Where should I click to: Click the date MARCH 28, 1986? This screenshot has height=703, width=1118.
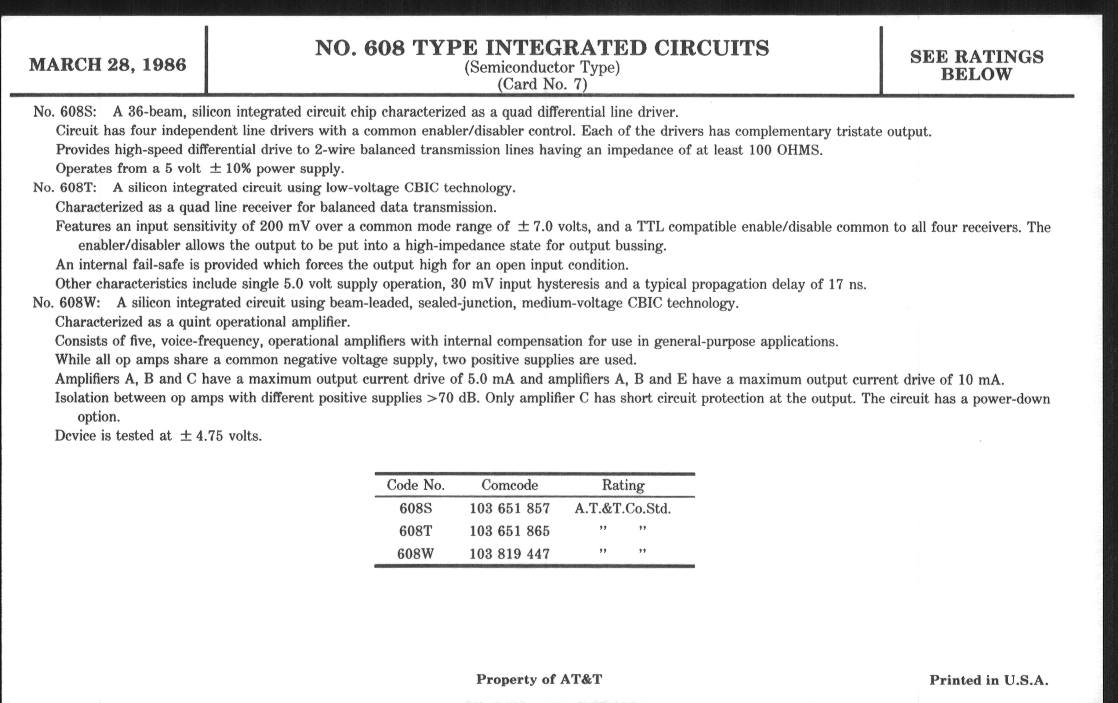tap(108, 65)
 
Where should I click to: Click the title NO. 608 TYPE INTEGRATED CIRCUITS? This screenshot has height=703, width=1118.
tap(542, 48)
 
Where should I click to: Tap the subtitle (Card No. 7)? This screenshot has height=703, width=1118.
tap(542, 85)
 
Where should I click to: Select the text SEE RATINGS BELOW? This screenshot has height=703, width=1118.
tap(976, 65)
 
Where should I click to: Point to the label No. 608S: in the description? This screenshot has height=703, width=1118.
tap(64, 112)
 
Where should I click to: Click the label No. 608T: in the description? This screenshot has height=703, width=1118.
tap(64, 188)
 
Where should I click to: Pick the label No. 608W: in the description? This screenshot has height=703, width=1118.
tap(66, 303)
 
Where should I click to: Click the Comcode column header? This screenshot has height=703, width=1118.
tap(509, 485)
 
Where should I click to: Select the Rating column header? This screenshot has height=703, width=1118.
tap(623, 485)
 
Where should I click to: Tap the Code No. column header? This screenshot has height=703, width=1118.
tap(416, 485)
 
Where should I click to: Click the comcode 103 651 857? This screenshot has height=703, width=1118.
tap(509, 509)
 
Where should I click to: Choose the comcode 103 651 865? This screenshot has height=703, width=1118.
tap(509, 531)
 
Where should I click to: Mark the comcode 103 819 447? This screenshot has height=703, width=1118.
tap(509, 554)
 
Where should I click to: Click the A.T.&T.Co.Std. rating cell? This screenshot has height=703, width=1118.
tap(622, 509)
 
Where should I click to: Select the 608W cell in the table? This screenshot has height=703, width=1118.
tap(416, 554)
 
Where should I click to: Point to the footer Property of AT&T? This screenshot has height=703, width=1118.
tap(539, 679)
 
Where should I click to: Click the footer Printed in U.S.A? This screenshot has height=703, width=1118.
tap(988, 680)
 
